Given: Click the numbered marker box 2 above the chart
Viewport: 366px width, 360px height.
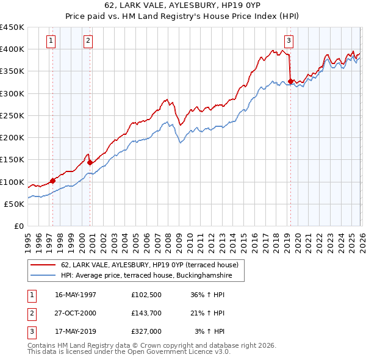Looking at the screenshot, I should tap(88, 41).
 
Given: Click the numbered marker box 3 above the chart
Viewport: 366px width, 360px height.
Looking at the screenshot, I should tap(288, 41).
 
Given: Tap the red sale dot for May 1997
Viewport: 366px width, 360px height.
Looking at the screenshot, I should tap(52, 181).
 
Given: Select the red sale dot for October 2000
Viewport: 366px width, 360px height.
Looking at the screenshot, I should tap(90, 162).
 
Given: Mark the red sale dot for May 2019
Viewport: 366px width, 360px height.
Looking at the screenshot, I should tap(291, 81).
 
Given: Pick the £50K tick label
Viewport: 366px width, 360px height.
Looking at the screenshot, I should tap(15, 204).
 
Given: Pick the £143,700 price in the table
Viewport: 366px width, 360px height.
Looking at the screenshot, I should tap(146, 313).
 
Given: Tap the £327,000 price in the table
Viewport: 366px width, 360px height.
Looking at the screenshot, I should tap(146, 331).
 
